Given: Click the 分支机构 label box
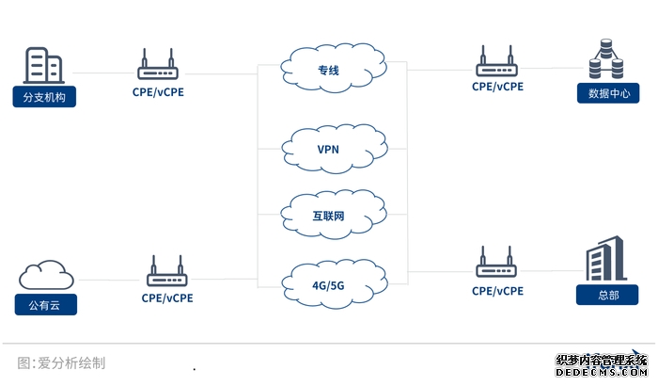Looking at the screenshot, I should [x=43, y=96].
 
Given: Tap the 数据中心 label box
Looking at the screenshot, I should [x=608, y=93].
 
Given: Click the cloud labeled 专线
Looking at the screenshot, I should [x=329, y=68].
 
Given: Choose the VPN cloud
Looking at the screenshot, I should [x=329, y=149].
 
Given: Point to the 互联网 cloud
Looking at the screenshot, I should [x=329, y=216].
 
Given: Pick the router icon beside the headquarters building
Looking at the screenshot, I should [x=497, y=265].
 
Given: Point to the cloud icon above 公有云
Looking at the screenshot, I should [x=46, y=275].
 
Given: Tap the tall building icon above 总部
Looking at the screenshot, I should [x=607, y=258].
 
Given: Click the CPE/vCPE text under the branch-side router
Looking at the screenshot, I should [x=158, y=93].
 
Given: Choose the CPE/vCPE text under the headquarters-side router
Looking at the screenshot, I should [x=497, y=292].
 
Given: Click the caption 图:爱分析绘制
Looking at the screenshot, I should [x=61, y=362].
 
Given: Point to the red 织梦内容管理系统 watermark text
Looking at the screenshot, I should [x=602, y=361].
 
